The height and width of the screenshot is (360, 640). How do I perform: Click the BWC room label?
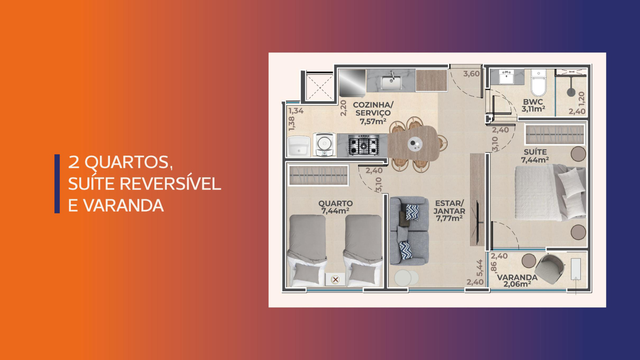pyautogui.click(x=533, y=102)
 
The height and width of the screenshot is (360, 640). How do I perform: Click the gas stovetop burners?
pyautogui.click(x=364, y=146)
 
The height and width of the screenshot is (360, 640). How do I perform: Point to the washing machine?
pyautogui.click(x=324, y=144)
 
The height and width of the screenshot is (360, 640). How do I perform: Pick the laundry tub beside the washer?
pyautogui.click(x=298, y=146)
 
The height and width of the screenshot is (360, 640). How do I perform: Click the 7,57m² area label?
pyautogui.click(x=373, y=121)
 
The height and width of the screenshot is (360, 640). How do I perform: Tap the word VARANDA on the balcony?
pyautogui.click(x=517, y=277)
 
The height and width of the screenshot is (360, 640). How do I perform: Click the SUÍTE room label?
pyautogui.click(x=535, y=152)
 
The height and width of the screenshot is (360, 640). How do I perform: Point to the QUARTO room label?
pyautogui.click(x=336, y=204)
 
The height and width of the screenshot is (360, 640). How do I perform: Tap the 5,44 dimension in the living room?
pyautogui.click(x=480, y=268)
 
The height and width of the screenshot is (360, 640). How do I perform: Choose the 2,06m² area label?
pyautogui.click(x=517, y=284)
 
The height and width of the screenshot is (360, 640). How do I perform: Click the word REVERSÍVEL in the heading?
pyautogui.click(x=170, y=184)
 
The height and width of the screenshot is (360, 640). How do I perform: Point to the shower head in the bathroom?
pyautogui.click(x=571, y=92)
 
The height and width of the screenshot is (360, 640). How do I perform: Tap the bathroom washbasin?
pyautogui.click(x=506, y=76)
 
